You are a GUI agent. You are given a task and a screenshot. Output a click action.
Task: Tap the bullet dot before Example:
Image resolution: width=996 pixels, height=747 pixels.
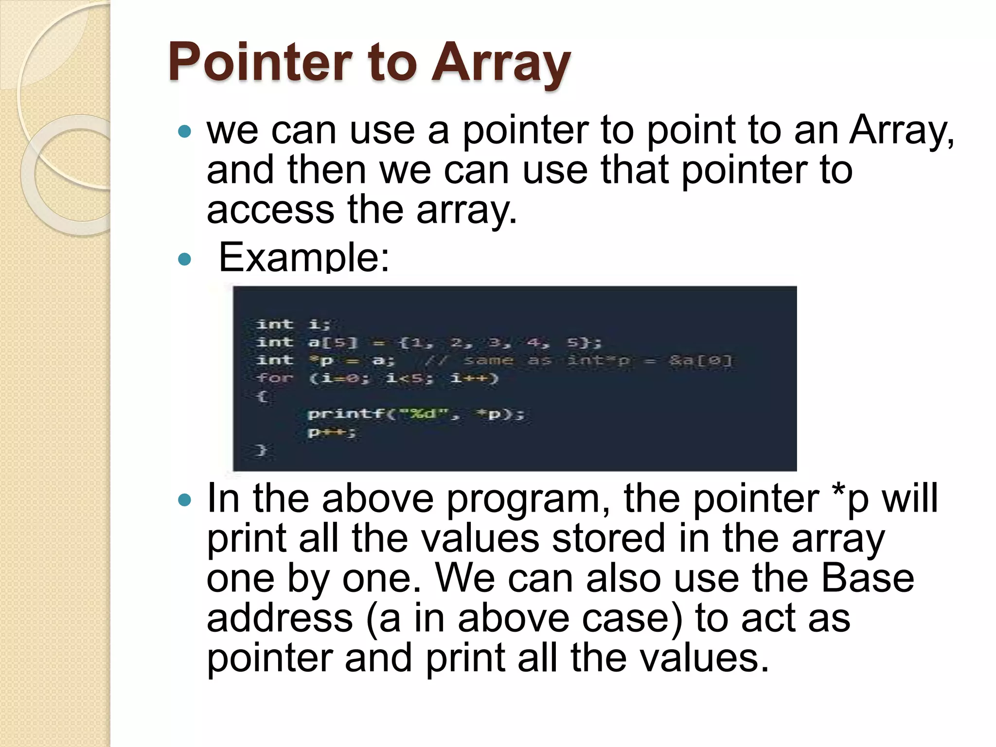point(184,259)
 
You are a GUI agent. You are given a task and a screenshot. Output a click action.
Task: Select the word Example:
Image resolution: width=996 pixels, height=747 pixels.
point(304,257)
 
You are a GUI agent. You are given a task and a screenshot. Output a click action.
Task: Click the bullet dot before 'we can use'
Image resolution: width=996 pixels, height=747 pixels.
point(184,131)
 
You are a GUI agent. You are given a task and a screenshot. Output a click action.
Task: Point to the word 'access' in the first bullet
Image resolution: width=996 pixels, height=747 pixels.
point(270,210)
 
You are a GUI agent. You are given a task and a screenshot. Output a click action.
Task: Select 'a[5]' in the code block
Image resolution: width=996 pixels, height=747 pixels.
point(333,342)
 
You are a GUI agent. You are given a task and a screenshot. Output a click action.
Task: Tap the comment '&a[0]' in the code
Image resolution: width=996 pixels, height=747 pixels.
point(700,361)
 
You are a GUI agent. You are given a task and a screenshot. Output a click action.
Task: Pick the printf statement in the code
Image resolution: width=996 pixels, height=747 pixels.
point(416,414)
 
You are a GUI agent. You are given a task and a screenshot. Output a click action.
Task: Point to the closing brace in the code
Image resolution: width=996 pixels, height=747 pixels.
point(262,450)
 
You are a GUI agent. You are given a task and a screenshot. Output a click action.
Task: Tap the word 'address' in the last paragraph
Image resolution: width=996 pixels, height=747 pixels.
point(280,618)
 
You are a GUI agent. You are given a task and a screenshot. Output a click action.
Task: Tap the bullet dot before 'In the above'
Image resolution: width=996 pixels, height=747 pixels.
point(184,500)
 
